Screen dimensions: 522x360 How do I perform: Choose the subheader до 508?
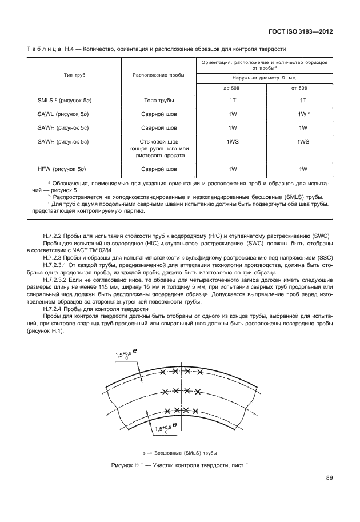click(x=231, y=88)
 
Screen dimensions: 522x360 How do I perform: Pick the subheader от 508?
click(x=299, y=88)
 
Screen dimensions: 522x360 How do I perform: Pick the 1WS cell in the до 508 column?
click(x=232, y=141)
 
